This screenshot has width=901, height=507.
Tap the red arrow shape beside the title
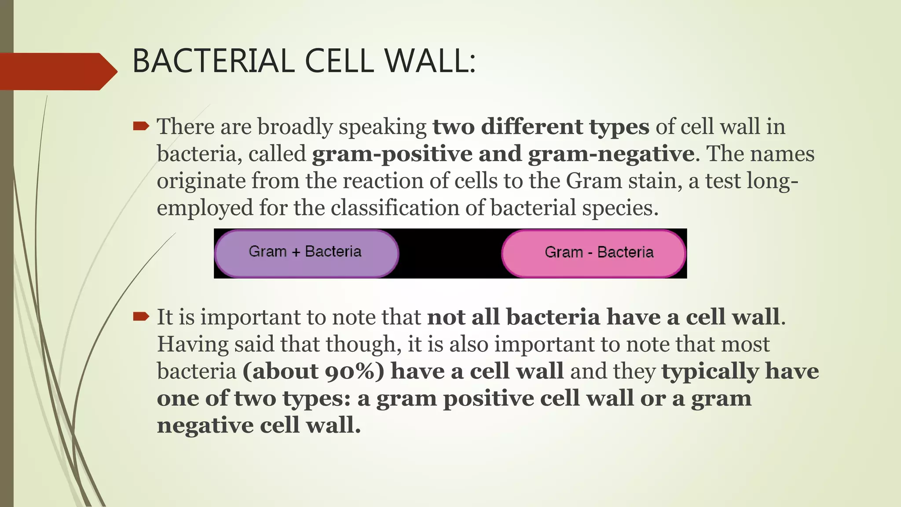coord(57,71)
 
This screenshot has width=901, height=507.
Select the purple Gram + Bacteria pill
coord(306,253)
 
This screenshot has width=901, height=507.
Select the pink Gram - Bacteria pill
coord(594,253)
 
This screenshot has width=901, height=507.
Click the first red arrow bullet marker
coord(141,127)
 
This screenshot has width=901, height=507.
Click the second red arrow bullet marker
coord(141,316)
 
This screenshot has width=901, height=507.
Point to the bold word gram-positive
coord(392,154)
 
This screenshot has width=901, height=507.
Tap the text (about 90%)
coord(313,371)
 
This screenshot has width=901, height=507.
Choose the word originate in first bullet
coord(201,181)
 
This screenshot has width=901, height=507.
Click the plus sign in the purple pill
coord(296,252)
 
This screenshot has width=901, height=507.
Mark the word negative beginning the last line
coord(205,425)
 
